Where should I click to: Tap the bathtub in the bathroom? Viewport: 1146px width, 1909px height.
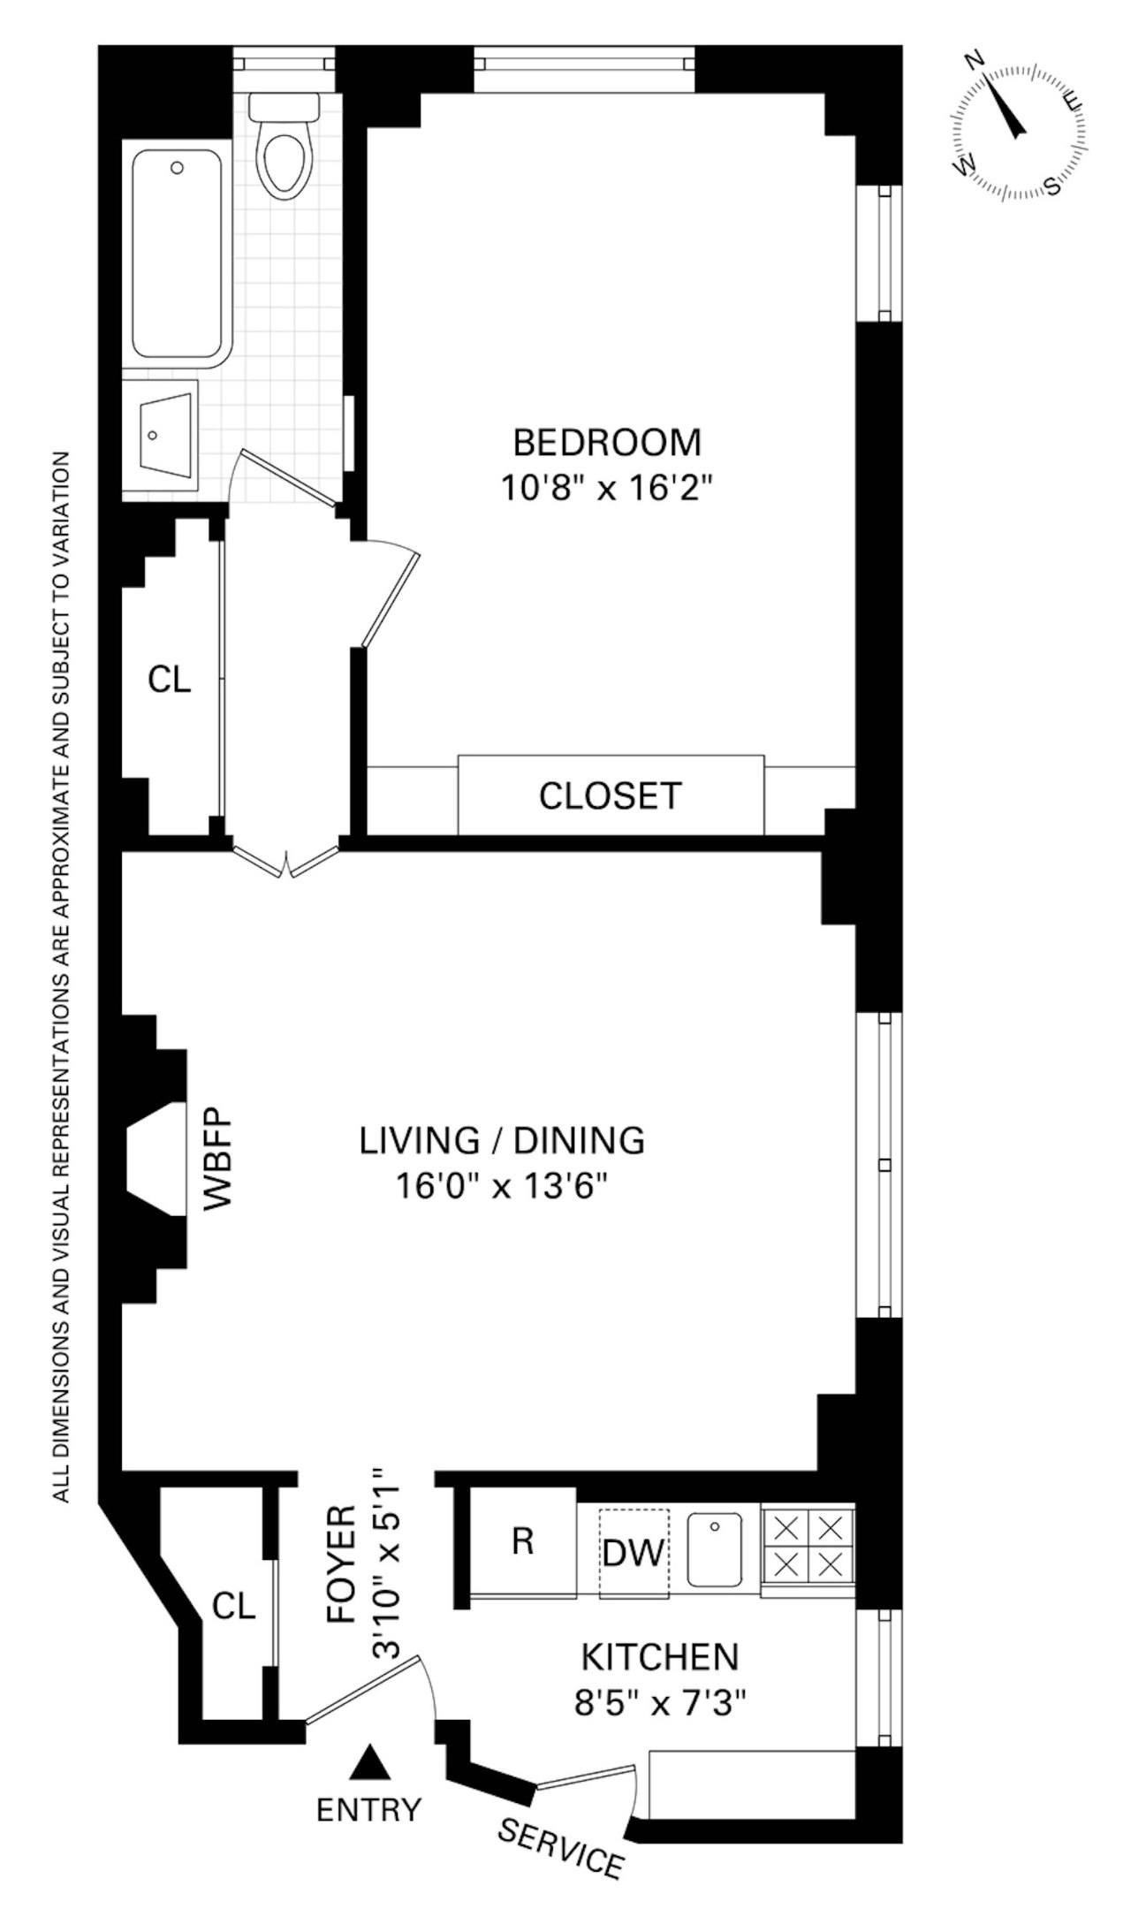click(177, 255)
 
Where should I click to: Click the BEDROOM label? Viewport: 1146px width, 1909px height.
click(607, 443)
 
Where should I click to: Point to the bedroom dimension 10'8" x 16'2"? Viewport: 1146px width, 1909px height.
click(607, 488)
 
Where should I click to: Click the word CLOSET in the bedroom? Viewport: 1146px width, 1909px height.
click(611, 796)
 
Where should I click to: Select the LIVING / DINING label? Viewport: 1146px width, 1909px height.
click(502, 1141)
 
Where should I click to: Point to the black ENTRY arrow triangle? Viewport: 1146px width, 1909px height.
click(369, 1761)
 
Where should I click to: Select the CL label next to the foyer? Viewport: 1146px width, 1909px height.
click(234, 1606)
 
